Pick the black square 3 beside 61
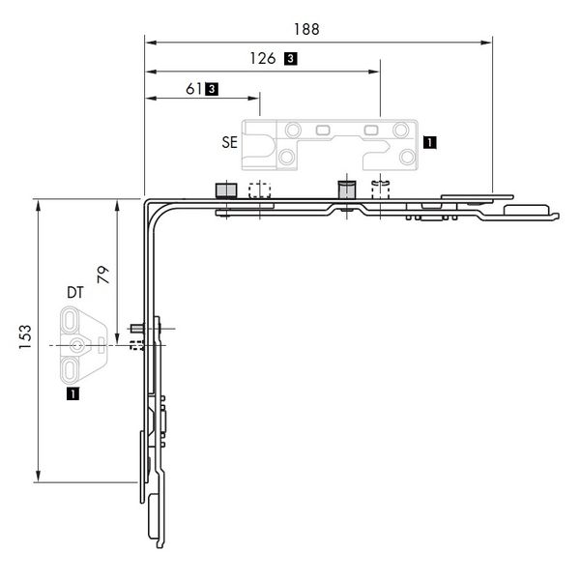[212, 88]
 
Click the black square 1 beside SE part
[429, 141]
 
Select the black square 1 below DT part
[72, 393]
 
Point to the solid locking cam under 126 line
[346, 188]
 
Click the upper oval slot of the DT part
[72, 320]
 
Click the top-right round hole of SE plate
[399, 128]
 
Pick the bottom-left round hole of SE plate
[286, 158]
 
